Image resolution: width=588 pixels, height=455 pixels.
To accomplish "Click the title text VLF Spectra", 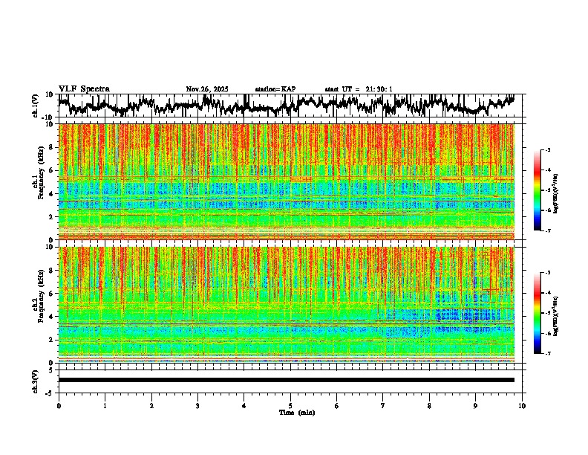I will click(84, 88).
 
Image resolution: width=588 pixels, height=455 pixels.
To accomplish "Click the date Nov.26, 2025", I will click(207, 89).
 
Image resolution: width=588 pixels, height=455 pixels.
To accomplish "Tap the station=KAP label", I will click(275, 89).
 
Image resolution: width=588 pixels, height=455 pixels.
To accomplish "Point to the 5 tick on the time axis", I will click(290, 405).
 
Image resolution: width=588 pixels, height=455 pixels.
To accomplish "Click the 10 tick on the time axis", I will click(523, 405).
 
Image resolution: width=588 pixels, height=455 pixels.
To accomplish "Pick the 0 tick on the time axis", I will click(59, 405).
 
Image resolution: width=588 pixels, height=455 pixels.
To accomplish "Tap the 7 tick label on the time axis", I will click(383, 405).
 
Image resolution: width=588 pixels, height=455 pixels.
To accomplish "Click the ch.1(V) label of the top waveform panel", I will click(36, 106).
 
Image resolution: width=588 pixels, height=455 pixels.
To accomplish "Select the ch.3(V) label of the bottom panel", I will click(36, 380).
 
